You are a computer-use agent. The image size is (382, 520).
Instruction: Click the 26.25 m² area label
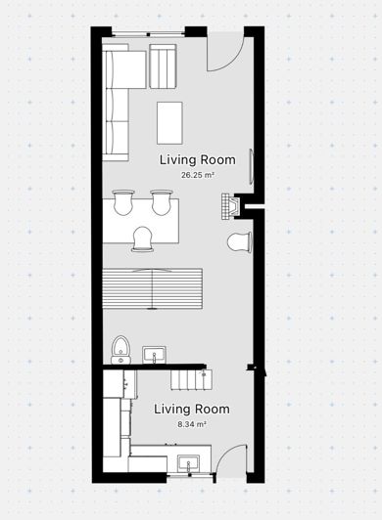coord(198,175)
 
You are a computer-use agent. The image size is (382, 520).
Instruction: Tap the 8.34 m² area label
coord(192,425)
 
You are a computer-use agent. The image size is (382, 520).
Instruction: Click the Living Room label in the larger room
coord(198,159)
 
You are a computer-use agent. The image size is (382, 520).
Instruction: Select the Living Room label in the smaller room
coord(192,409)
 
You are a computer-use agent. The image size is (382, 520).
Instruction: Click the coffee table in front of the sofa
coord(170,122)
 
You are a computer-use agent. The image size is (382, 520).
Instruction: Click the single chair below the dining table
coord(142,239)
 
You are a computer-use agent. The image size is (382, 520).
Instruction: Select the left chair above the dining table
coord(123,201)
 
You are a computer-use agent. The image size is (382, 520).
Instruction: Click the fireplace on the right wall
coord(231,207)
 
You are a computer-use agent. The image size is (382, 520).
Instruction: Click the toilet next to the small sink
coord(120,348)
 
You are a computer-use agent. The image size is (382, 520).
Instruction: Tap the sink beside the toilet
coord(154,354)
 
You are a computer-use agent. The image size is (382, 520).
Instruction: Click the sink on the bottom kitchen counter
coord(188,462)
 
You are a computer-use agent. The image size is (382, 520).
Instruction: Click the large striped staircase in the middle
coord(152,288)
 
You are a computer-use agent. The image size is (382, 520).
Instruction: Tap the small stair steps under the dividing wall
coord(188,378)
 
